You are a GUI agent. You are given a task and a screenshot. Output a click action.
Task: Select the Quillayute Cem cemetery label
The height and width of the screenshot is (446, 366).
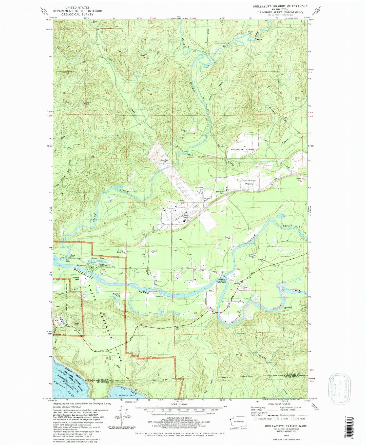[x=220, y=192]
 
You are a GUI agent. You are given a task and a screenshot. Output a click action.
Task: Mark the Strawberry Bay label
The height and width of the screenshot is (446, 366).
[x=125, y=395]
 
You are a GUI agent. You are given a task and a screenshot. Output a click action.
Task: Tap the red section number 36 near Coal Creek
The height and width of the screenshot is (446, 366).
[x=151, y=94]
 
